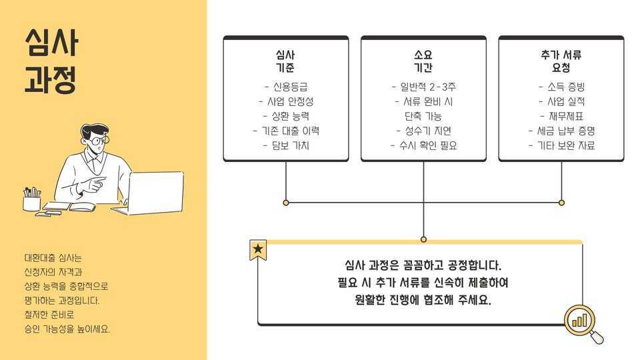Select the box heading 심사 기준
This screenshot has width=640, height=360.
click(x=285, y=61)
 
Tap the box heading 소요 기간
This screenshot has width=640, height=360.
click(x=423, y=61)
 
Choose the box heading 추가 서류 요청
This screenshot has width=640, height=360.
click(x=561, y=61)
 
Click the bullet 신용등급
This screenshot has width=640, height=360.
click(x=286, y=87)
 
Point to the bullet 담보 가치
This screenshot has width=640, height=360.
click(x=286, y=145)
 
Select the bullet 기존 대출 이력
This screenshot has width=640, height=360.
click(x=286, y=131)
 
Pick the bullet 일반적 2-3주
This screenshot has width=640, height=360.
click(x=423, y=87)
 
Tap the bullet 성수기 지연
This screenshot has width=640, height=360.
click(x=423, y=131)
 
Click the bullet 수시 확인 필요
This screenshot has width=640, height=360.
click(x=423, y=145)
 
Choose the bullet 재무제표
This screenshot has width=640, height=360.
click(x=561, y=116)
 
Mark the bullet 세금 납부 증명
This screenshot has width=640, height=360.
click(x=561, y=131)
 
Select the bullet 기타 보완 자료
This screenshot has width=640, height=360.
click(x=561, y=145)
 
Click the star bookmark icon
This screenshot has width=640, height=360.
click(x=258, y=250)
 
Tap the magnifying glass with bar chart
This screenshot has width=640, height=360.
click(x=582, y=321)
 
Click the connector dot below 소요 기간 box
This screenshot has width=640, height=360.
click(x=423, y=239)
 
